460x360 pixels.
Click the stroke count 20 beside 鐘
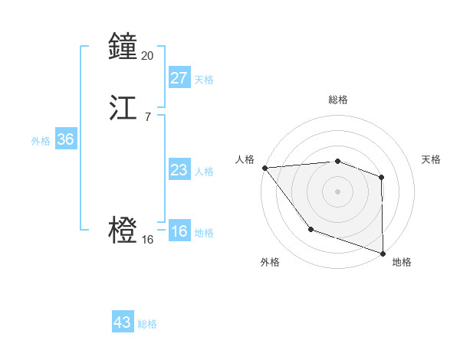(148, 55)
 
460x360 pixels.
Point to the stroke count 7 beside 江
(147, 116)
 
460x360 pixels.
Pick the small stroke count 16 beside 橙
(148, 239)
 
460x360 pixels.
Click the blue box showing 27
(179, 78)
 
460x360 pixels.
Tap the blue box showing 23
(179, 170)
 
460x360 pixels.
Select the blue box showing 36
(65, 139)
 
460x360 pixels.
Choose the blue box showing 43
(122, 322)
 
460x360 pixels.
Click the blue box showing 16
(179, 231)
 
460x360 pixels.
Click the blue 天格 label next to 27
(204, 79)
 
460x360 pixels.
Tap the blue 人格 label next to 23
(204, 171)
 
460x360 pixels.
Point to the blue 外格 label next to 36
(41, 140)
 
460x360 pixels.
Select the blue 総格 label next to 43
(147, 324)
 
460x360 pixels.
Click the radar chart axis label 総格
(338, 100)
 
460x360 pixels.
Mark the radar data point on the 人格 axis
(264, 167)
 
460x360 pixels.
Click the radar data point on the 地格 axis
(383, 252)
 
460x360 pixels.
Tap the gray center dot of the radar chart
(337, 191)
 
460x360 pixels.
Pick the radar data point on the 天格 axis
(382, 177)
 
